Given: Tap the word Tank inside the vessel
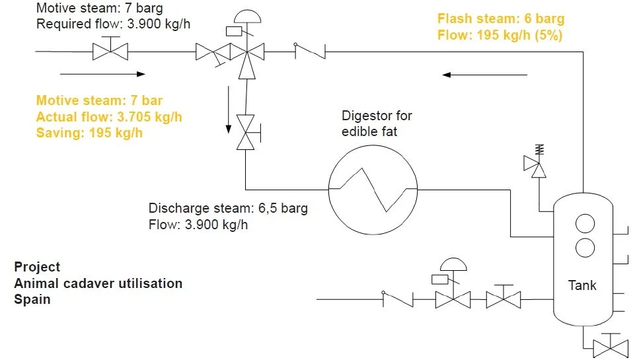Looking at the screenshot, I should (582, 286).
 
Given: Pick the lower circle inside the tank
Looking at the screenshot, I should (585, 248).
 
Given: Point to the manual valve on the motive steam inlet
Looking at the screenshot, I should (109, 51).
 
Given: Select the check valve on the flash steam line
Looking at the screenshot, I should (309, 51).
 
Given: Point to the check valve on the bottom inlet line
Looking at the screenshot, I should (398, 299).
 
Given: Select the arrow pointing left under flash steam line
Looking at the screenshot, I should (485, 75).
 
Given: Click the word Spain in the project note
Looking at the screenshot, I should (32, 299).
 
